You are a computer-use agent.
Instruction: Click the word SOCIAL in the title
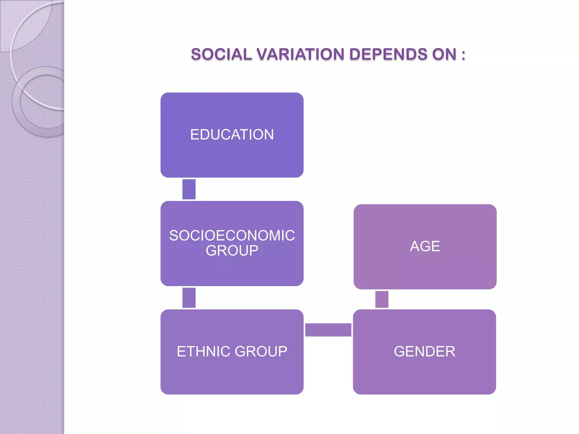[x=221, y=54]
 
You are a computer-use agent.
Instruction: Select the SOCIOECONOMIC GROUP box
[x=232, y=268]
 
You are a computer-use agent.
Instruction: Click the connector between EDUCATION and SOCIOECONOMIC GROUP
[x=189, y=189]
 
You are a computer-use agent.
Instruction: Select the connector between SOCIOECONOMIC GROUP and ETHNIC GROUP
[x=189, y=298]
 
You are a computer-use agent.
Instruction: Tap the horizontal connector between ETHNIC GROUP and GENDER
[x=328, y=330]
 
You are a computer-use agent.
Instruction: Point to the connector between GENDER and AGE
[x=382, y=299]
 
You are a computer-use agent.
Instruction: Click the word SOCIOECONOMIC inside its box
[x=232, y=235]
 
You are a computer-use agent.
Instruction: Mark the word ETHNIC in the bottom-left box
[x=204, y=351]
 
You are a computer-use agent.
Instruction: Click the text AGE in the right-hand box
[x=425, y=246]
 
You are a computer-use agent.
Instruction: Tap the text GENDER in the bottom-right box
[x=424, y=351]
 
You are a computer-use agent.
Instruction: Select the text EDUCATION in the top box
[x=232, y=134]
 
